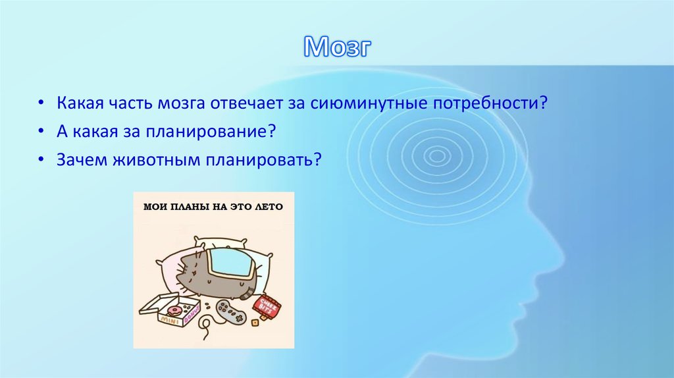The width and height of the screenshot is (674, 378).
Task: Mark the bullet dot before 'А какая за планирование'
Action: [41, 132]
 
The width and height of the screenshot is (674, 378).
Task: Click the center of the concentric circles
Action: [435, 156]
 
